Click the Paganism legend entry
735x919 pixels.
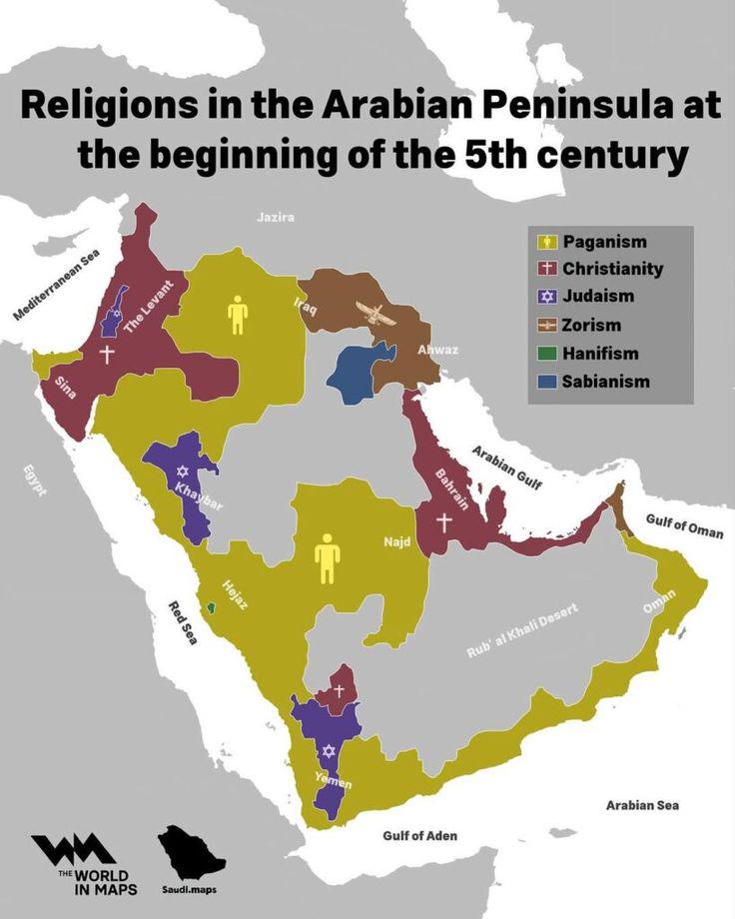coord(604,242)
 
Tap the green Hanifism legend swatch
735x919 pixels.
coord(546,354)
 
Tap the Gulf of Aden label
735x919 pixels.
coord(419,835)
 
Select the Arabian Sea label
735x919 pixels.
coord(641,804)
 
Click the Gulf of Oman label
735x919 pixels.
coord(684,525)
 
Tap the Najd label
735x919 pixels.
coord(396,542)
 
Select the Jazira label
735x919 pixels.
coord(276,217)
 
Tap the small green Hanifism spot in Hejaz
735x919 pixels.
coord(210,607)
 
